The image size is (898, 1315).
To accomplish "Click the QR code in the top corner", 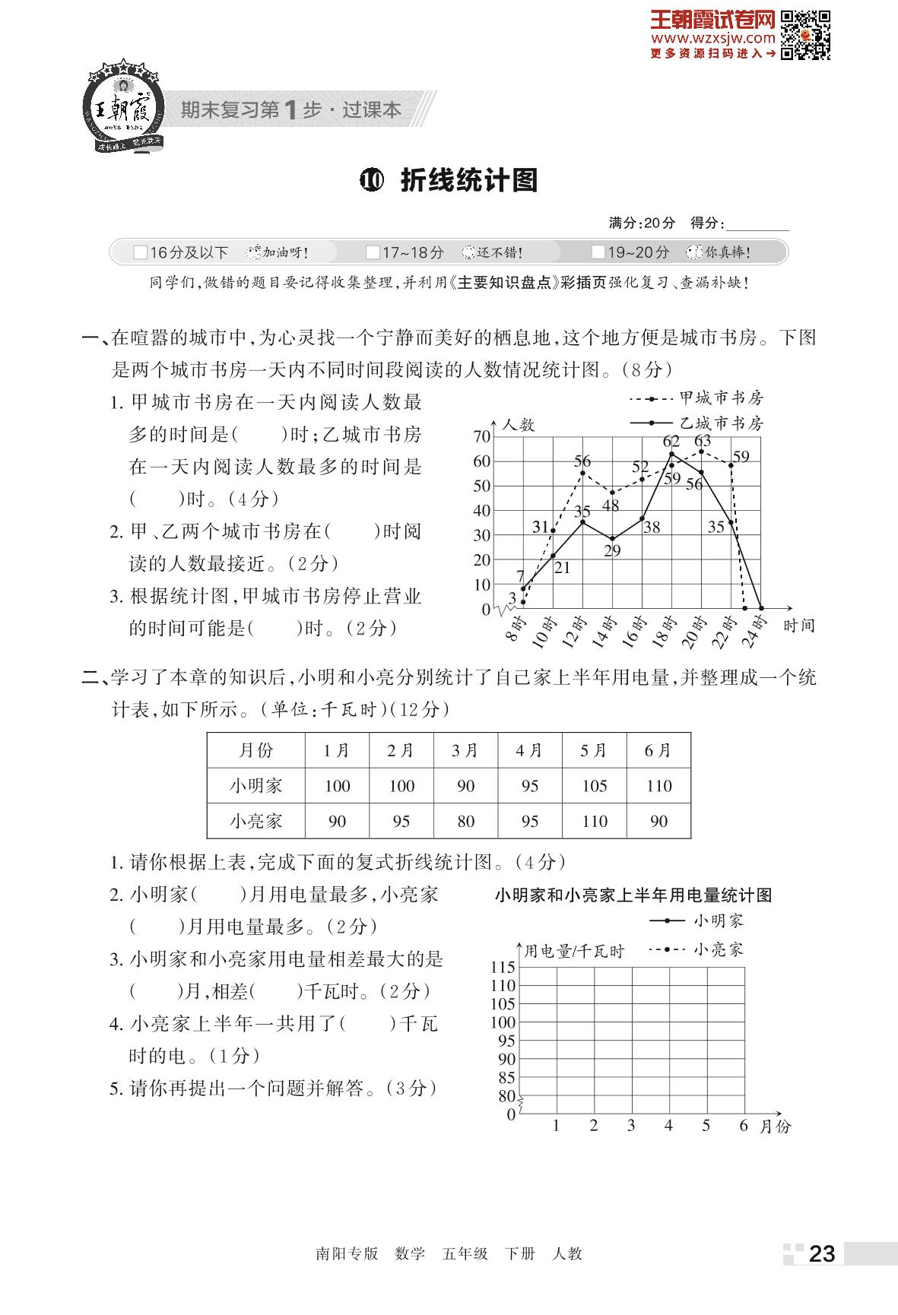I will coord(806,35).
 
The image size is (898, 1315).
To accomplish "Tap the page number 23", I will coord(822,1253).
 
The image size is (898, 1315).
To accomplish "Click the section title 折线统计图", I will coord(468,180).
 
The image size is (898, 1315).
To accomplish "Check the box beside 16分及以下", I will coord(140,252).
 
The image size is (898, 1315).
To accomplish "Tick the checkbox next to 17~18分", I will coord(373,252).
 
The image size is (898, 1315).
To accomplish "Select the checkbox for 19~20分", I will coord(598,252).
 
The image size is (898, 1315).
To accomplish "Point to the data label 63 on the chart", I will coord(702,441).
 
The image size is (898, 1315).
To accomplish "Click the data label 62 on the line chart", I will coord(671,442).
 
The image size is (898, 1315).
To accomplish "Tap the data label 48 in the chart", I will coord(610,505).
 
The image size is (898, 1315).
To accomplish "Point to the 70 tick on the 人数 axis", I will coord(482,436).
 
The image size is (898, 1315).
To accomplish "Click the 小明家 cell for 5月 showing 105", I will coord(594,786).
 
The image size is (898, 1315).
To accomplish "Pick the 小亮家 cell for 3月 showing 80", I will coord(465,821).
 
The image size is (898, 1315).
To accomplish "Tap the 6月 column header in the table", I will coord(658,751).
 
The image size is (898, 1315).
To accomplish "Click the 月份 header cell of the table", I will coord(255,751).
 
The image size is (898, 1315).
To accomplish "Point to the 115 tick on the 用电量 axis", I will coord(503,968).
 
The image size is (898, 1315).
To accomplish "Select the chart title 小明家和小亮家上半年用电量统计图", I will coord(633,895).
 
